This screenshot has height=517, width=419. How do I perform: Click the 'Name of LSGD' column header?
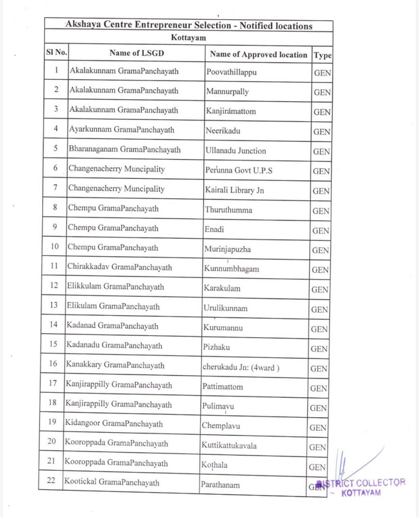(136, 53)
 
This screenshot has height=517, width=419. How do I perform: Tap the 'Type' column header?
(322, 55)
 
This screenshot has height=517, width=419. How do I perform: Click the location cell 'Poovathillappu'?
(231, 72)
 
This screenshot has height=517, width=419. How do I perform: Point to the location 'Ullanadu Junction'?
(236, 150)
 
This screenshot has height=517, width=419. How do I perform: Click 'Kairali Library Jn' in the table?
(235, 190)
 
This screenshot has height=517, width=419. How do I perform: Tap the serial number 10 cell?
(54, 247)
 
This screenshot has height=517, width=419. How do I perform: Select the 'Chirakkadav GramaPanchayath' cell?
(119, 267)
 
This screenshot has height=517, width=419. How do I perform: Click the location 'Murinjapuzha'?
(227, 249)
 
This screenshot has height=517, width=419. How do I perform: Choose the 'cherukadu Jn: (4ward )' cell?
(240, 367)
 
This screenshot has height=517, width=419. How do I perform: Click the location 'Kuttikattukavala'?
(229, 446)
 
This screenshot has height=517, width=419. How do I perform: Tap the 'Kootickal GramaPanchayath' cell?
(112, 482)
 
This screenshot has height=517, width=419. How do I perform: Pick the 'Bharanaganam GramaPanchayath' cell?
(125, 150)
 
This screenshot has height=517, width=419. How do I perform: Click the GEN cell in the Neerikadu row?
(322, 132)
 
